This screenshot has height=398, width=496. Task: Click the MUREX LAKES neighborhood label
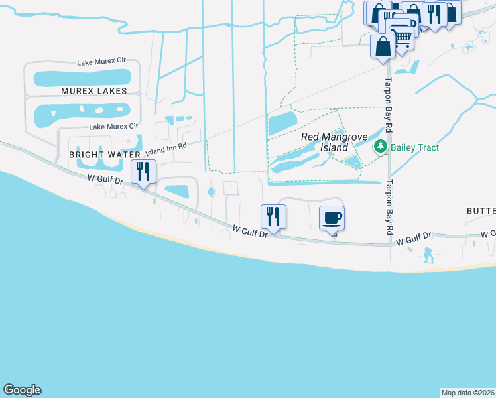[93, 90]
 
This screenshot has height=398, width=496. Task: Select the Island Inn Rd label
[166, 150]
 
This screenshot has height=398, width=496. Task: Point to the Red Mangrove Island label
[324, 141]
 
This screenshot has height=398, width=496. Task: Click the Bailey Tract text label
[414, 147]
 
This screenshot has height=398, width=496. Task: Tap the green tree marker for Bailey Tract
[380, 147]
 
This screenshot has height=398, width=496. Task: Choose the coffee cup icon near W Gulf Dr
[332, 218]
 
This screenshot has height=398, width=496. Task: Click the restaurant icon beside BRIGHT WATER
[143, 172]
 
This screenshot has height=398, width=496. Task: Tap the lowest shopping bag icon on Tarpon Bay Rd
[383, 47]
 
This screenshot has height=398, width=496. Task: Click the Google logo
[22, 390]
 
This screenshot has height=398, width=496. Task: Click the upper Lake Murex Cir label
[101, 61]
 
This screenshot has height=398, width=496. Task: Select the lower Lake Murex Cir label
[113, 126]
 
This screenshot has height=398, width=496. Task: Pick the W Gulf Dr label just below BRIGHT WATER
[105, 179]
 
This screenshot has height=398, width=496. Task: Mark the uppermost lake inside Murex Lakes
[83, 78]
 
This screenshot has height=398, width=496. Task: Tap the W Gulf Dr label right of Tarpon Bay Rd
[415, 239]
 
